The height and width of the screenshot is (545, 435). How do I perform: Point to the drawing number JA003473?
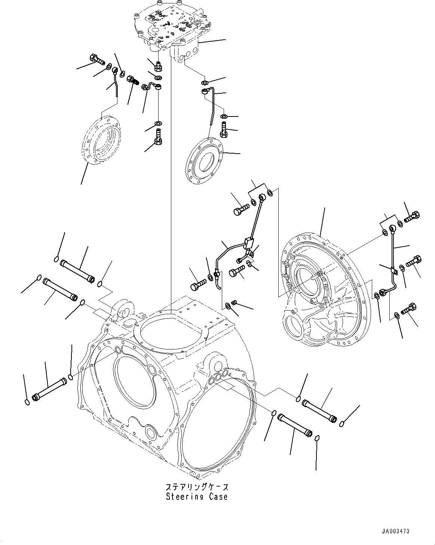395,531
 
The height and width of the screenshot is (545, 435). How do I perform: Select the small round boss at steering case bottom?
151,432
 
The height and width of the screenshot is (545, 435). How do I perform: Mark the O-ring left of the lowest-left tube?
25,402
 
